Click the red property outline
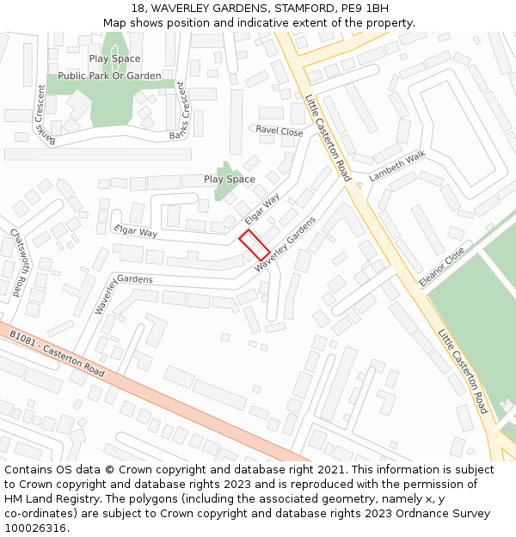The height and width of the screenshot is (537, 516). [x=254, y=245]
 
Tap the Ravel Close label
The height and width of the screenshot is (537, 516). [x=279, y=131]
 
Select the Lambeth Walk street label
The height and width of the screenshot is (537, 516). [x=397, y=166]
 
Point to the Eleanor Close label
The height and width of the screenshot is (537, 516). [x=441, y=266]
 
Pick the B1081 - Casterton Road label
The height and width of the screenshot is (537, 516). [x=57, y=354]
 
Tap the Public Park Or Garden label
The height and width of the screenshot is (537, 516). [x=109, y=76]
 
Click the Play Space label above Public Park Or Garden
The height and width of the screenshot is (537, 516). [x=114, y=58]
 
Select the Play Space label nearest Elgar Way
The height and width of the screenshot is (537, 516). [x=230, y=179]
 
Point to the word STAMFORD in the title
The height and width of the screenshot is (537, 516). [x=300, y=9]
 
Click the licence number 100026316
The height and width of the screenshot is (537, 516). [x=37, y=528]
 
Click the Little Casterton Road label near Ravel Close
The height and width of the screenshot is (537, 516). [x=328, y=137]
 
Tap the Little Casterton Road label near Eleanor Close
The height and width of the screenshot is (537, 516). [x=463, y=371]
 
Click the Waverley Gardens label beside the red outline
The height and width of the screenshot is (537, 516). [x=286, y=245]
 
